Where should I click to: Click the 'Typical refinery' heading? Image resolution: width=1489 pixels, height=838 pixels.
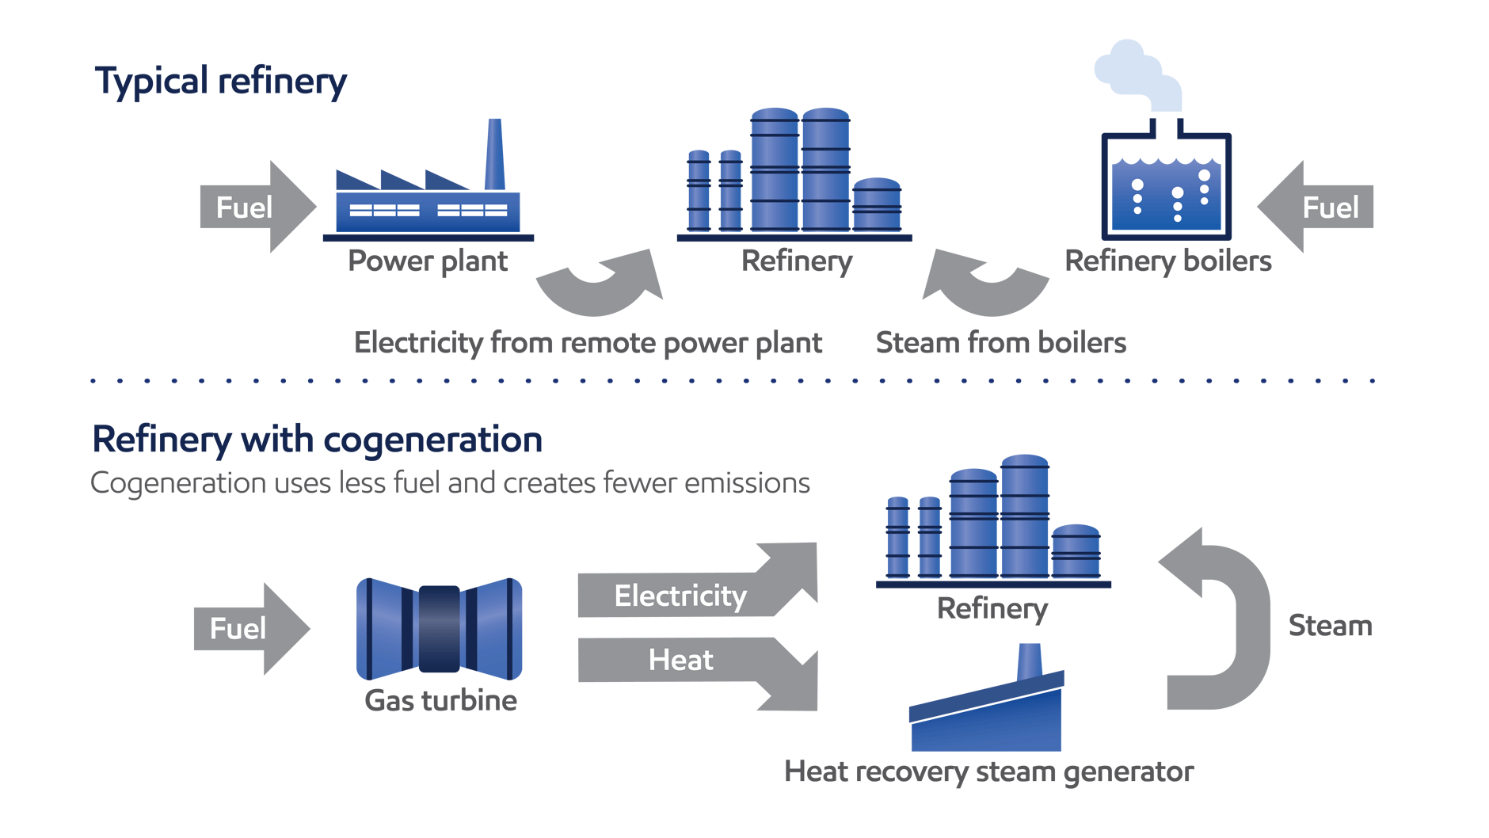220,82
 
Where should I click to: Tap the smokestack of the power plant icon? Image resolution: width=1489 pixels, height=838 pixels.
495,154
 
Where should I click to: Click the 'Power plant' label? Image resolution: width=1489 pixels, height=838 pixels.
428,261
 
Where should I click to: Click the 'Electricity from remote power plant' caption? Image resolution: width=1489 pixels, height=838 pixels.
588,343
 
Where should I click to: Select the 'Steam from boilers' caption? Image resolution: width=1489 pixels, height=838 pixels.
1000,343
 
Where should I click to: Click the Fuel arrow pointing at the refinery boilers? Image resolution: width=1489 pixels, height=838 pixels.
1319,207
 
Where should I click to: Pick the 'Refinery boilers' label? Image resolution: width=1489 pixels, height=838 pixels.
1167,261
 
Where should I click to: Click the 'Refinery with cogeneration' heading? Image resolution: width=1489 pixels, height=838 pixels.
317,440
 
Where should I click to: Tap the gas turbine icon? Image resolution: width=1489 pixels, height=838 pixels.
440,629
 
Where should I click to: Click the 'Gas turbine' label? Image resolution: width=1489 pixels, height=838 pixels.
440,700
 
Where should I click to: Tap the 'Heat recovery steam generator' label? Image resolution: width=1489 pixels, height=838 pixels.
988,771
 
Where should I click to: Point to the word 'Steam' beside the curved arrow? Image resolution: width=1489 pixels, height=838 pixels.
1330,626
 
